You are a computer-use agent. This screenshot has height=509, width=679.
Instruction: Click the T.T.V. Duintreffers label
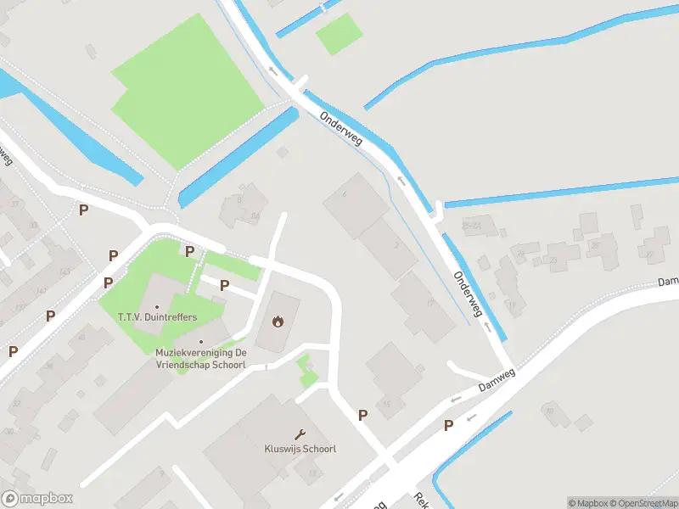tap(158, 317)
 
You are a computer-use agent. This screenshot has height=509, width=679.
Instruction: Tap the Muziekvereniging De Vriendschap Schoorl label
tap(201, 357)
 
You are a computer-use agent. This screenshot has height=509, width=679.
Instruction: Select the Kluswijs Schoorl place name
tap(300, 448)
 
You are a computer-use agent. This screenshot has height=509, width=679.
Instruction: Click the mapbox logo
tap(37, 499)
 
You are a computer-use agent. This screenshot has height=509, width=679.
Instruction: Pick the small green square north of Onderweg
tap(339, 33)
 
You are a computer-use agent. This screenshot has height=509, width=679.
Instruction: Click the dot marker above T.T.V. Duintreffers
tap(158, 306)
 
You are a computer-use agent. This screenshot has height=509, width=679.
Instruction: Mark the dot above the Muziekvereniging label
tap(201, 341)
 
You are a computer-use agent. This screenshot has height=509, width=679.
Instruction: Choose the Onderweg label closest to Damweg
tap(468, 293)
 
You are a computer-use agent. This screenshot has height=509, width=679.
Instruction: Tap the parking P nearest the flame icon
tap(225, 285)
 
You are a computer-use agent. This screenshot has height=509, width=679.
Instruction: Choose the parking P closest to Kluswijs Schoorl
tap(363, 415)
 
